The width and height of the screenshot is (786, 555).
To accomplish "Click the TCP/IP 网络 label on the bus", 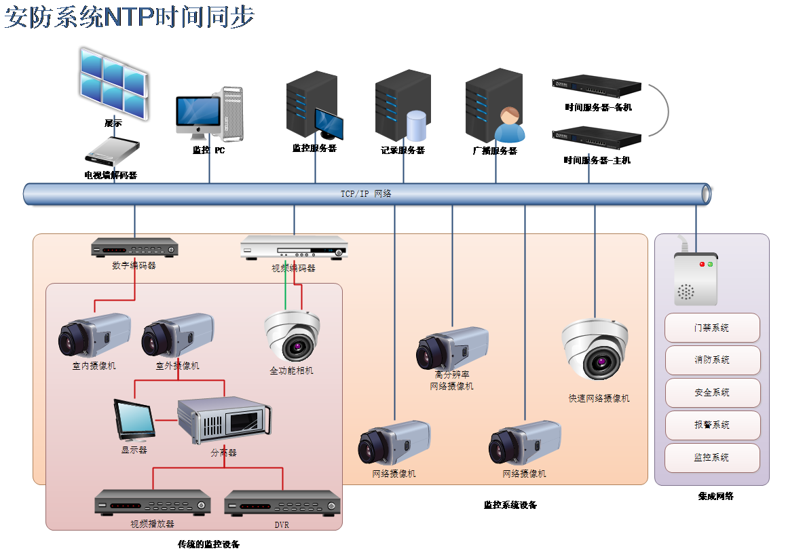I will tap(366, 194).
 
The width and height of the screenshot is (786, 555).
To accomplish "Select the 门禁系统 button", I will tap(712, 328).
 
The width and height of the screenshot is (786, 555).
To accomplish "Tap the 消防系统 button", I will tap(712, 360).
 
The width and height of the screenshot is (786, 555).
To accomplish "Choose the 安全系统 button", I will tap(712, 393).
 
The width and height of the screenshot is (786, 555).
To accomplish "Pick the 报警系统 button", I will tap(712, 425).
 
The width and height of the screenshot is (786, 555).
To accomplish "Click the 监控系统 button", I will tap(712, 458).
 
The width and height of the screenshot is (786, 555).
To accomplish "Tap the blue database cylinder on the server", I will tap(416, 126).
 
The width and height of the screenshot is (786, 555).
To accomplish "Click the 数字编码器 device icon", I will tap(134, 248).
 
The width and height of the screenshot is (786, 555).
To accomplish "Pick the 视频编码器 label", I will tap(293, 268).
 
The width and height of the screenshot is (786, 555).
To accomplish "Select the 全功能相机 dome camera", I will tap(293, 336).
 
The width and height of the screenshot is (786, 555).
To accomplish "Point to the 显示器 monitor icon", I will tap(134, 420).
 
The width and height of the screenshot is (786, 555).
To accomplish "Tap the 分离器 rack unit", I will tap(224, 420).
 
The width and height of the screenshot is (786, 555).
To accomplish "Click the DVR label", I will tap(282, 524).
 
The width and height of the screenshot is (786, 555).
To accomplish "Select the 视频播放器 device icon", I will tap(153, 503).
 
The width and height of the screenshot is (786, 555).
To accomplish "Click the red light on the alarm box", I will tap(702, 263).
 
